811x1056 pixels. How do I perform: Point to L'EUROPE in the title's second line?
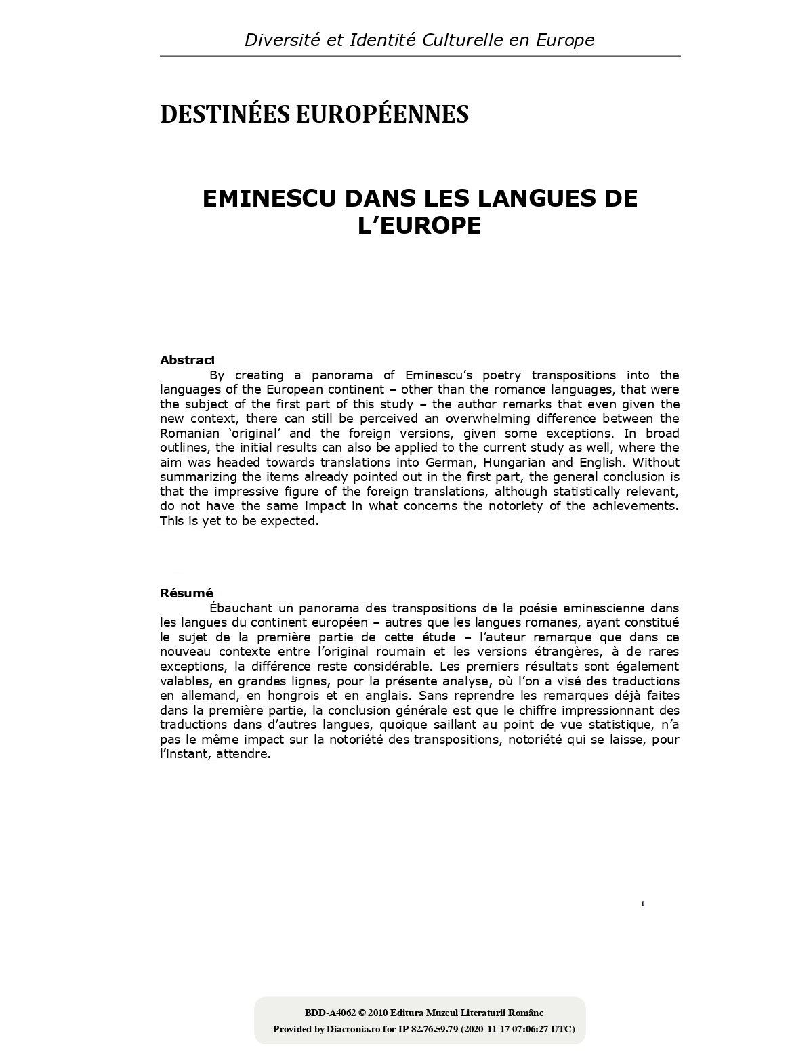click(419, 226)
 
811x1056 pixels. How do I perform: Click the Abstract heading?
click(188, 360)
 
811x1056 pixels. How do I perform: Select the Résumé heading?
click(186, 593)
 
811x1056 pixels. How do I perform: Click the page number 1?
click(642, 904)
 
